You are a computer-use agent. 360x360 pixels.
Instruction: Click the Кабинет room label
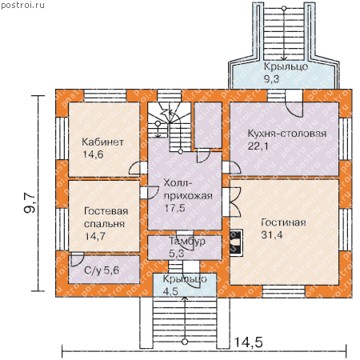(102, 142)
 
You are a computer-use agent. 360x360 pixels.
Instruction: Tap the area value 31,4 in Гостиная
(272, 235)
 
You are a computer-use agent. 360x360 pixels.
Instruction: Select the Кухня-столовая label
(287, 134)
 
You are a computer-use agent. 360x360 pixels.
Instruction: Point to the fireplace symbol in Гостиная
(236, 242)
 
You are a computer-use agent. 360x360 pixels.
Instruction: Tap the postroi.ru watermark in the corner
(22, 5)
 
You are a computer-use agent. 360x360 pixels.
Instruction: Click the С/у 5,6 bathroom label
(102, 270)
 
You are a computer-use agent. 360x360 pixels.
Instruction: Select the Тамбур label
(187, 241)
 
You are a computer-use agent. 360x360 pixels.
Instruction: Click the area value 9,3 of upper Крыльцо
(271, 79)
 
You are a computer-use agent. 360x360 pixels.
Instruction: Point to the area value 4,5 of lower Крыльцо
(170, 291)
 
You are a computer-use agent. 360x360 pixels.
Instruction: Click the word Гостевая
(106, 211)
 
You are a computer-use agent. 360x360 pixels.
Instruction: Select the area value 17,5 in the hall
(174, 208)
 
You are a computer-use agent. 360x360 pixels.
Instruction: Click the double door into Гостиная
(231, 202)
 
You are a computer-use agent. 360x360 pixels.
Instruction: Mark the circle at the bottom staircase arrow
(185, 342)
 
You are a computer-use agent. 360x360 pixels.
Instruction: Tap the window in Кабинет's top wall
(105, 96)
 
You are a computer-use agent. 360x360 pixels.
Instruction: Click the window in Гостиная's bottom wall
(284, 291)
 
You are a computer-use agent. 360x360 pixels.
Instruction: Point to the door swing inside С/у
(78, 258)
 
